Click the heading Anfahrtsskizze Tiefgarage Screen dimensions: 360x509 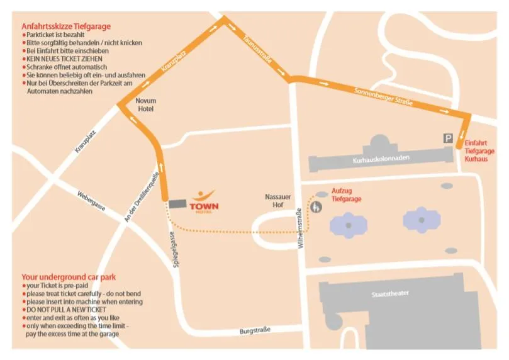point(66,26)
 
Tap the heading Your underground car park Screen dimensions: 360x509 point(69,276)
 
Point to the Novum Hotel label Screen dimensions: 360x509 point(145,104)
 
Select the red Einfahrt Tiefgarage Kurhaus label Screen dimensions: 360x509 point(479,151)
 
